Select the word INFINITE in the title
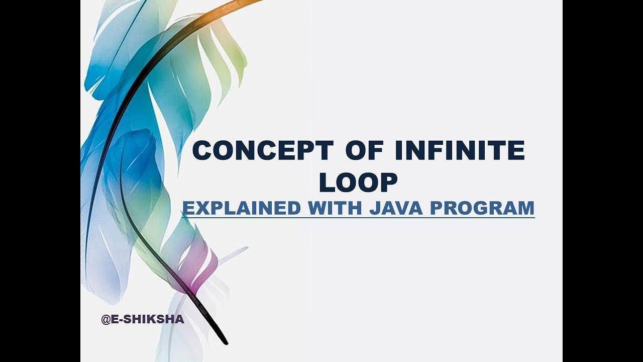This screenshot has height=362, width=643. (x=459, y=151)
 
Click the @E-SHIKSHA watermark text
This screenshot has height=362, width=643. (x=143, y=319)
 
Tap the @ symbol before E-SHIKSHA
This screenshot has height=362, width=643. (x=106, y=319)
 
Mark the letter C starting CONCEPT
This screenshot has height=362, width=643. (x=203, y=151)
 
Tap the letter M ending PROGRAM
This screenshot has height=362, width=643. (x=525, y=208)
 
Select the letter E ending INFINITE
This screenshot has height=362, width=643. (x=516, y=151)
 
